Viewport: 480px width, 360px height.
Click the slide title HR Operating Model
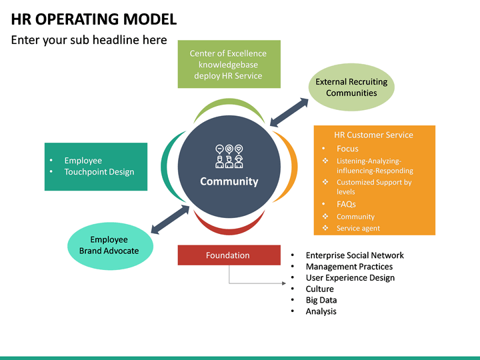94,19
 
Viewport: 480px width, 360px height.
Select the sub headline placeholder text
89,40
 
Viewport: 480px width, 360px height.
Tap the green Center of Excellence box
228,65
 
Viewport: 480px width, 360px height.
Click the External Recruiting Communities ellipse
351,87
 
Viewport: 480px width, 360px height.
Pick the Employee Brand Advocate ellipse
110,245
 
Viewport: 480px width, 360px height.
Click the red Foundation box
229,255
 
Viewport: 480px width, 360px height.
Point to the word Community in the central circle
229,181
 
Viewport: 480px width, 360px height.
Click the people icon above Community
229,156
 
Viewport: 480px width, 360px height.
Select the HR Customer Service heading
373,135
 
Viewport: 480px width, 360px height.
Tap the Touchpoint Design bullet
99,172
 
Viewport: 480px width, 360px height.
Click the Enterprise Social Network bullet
354,255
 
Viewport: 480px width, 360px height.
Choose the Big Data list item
321,300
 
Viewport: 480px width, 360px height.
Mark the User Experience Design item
350,277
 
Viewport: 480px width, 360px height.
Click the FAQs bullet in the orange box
346,204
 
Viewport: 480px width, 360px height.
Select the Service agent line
358,228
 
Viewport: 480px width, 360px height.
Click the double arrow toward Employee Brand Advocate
170,219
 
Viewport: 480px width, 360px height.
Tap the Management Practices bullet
349,267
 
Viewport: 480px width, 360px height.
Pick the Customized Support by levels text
373,187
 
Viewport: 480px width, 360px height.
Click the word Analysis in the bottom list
321,311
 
